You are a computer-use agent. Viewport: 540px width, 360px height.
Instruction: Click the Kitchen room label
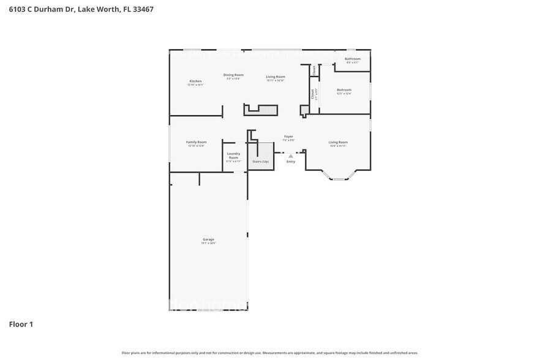(195, 81)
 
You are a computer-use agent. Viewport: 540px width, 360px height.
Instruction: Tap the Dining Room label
(233, 75)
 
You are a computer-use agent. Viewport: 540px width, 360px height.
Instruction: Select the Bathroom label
(353, 59)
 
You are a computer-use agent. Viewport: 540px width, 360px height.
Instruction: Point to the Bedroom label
(343, 90)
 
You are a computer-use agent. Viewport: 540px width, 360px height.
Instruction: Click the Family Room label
(196, 142)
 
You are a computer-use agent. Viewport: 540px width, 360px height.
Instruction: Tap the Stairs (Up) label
(261, 161)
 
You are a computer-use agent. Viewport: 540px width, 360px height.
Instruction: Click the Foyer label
(288, 136)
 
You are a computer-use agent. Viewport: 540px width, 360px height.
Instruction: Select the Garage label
(208, 239)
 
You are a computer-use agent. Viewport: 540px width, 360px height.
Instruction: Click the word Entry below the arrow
(291, 162)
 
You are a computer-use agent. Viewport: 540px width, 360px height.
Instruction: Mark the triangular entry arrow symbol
(291, 156)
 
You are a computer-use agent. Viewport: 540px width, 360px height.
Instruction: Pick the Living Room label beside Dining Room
(276, 77)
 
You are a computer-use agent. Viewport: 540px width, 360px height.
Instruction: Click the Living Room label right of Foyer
(338, 142)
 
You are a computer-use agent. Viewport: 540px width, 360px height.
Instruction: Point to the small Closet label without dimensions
(315, 70)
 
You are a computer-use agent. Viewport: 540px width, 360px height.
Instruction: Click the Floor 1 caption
(21, 324)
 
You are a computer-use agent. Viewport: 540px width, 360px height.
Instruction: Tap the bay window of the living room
(339, 178)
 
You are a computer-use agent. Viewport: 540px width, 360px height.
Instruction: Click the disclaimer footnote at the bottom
(269, 353)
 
